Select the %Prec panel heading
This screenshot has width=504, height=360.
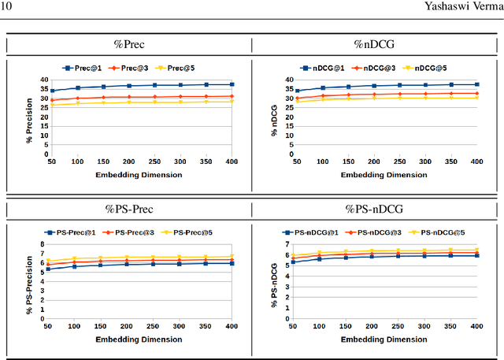pyautogui.click(x=128, y=46)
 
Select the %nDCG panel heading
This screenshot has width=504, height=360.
pyautogui.click(x=375, y=46)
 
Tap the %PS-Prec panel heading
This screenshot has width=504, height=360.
pyautogui.click(x=128, y=209)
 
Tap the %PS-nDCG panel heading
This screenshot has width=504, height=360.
pyautogui.click(x=375, y=209)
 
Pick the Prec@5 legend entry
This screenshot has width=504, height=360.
pyautogui.click(x=174, y=69)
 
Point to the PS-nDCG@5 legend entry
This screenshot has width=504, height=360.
pyautogui.click(x=438, y=232)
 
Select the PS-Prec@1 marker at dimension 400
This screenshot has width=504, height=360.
pyautogui.click(x=230, y=263)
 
